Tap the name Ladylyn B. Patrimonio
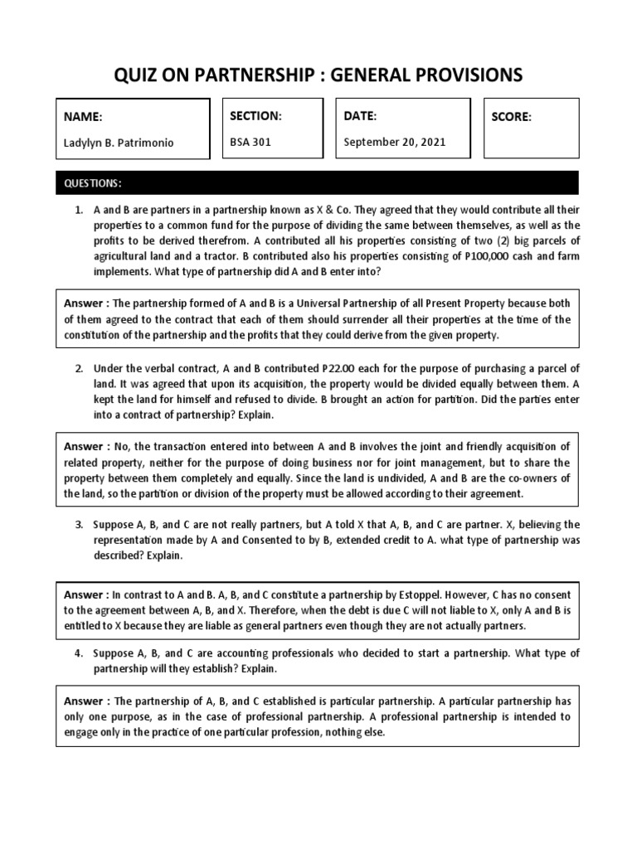[x=119, y=143]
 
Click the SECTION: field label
[x=255, y=116]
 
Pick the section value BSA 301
[x=250, y=142]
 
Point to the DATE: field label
[x=360, y=116]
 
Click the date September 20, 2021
[x=395, y=142]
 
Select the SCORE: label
[x=511, y=117]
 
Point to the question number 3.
[x=80, y=525]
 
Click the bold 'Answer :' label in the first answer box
[x=87, y=303]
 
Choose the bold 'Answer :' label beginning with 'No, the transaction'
[x=87, y=447]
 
